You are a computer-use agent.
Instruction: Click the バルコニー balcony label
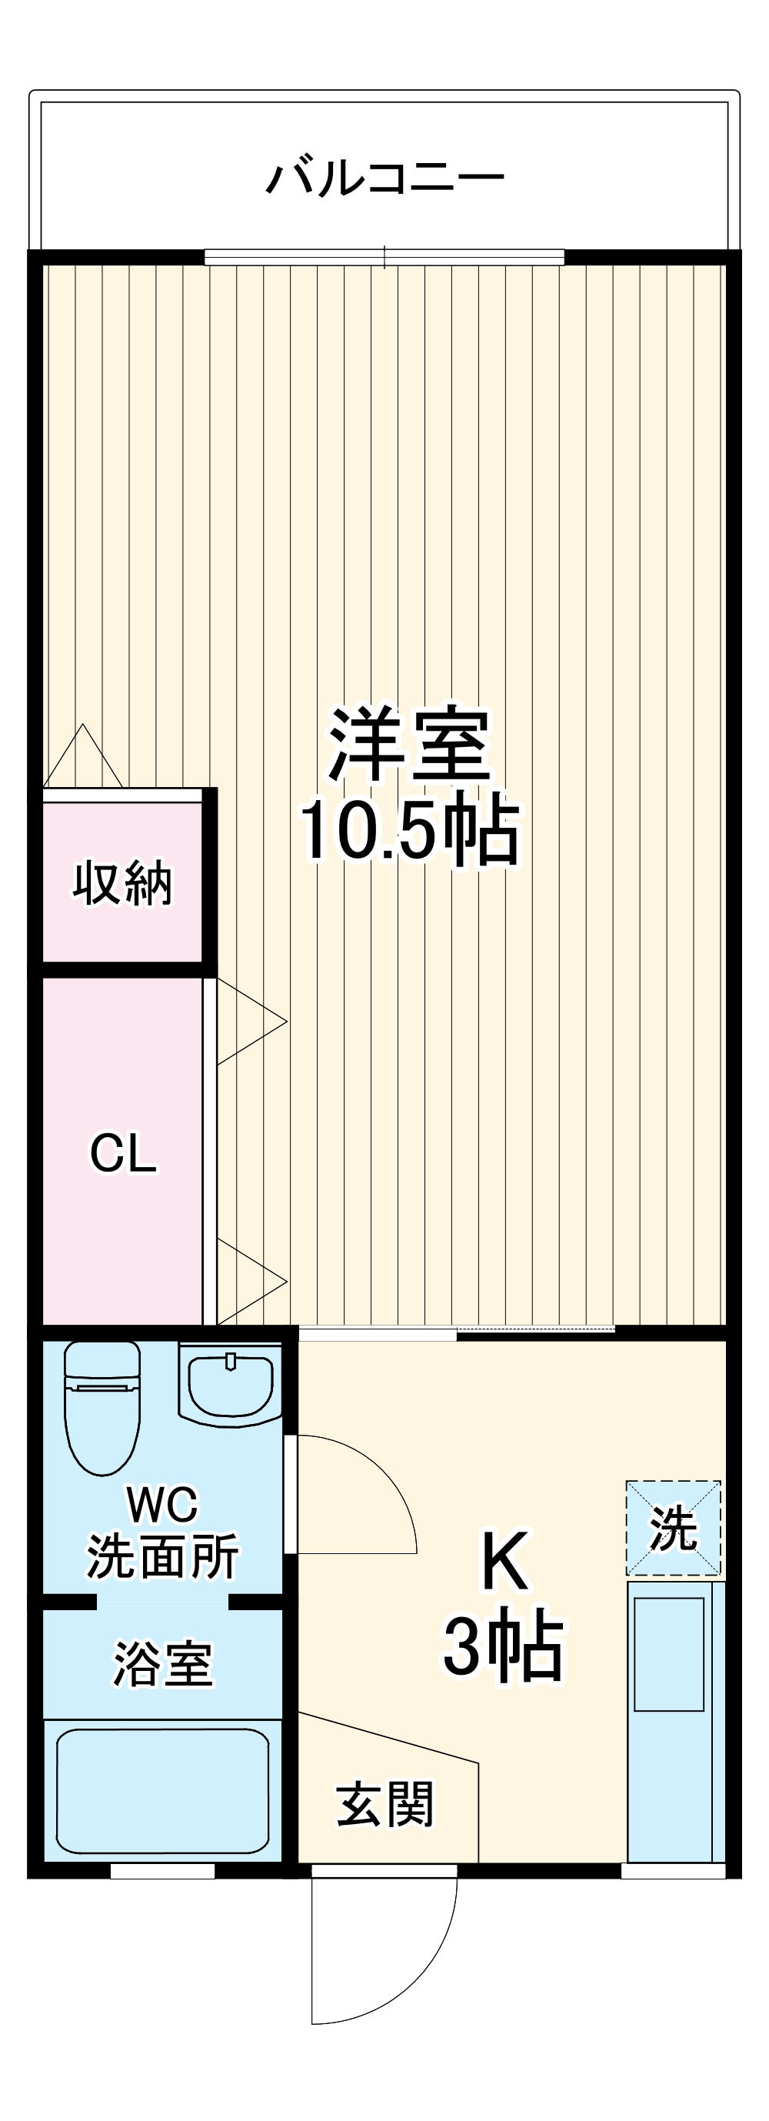tap(384, 177)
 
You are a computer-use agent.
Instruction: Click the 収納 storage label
tap(123, 883)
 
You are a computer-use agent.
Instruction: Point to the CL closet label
tap(123, 1152)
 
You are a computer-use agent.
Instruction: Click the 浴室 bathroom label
tap(162, 1664)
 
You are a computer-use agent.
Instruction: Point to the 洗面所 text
tap(162, 1556)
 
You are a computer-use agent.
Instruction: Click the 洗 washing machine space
tap(674, 1528)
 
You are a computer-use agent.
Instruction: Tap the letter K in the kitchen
tap(503, 1562)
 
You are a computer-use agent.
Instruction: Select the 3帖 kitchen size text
tap(503, 1648)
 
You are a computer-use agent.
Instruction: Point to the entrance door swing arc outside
tap(411, 1976)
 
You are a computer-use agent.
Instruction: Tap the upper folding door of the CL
tap(247, 1022)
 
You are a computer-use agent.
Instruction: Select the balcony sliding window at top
tap(384, 258)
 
